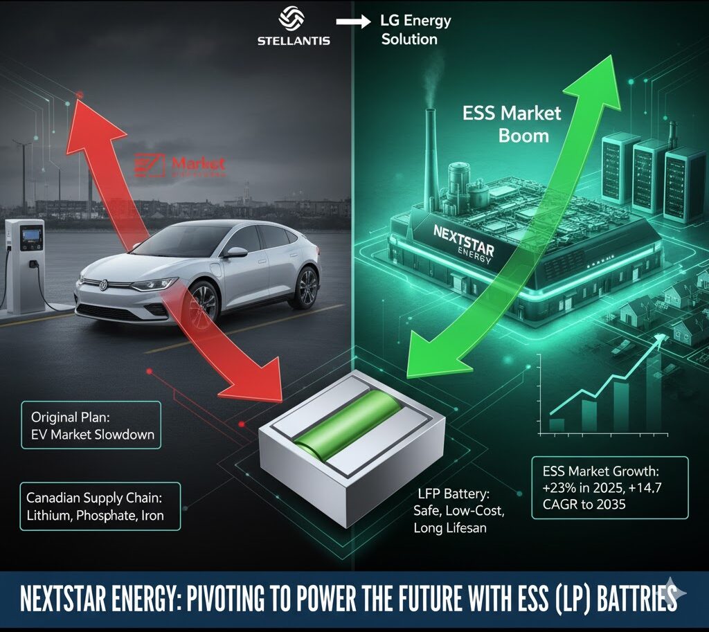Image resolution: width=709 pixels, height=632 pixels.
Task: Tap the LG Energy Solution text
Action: pyautogui.click(x=415, y=30)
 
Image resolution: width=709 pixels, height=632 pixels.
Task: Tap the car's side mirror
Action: pyautogui.click(x=235, y=252)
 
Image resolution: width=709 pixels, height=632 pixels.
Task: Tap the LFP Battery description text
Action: pyautogui.click(x=453, y=512)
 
